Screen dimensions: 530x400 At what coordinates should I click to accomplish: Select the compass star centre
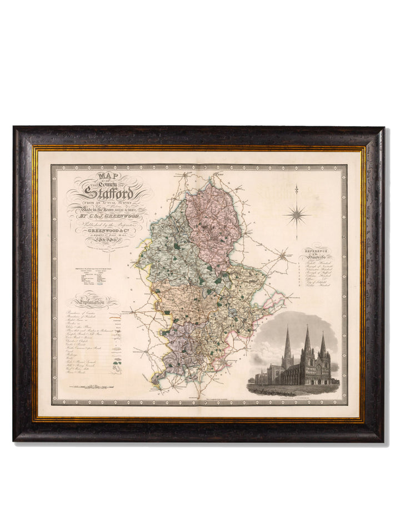[x=297, y=214]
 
